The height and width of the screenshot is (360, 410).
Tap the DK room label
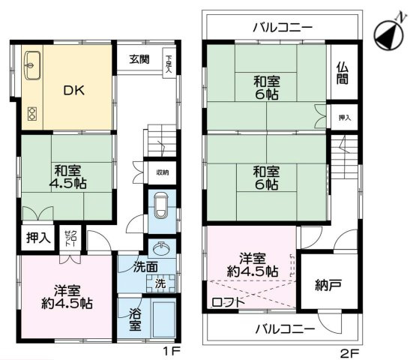73,91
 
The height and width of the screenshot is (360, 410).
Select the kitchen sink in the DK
34,62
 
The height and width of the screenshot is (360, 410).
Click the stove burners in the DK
32,114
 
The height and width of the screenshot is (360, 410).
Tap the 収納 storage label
162,172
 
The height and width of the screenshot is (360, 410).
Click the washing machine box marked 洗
160,283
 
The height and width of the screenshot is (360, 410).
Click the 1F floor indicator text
172,350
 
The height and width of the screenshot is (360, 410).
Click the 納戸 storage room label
325,285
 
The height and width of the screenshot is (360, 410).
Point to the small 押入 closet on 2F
343,118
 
